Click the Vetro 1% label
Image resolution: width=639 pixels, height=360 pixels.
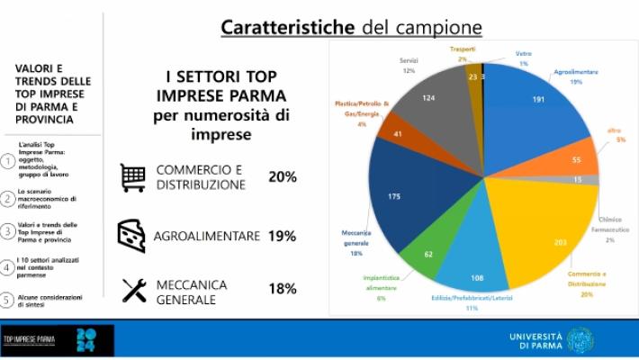(523, 58)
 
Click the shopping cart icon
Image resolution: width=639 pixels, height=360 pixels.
(132, 177)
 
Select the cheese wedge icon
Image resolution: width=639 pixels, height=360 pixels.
(132, 235)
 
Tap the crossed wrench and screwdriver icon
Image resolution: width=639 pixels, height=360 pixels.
(133, 290)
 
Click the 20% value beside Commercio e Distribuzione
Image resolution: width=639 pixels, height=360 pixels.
(281, 176)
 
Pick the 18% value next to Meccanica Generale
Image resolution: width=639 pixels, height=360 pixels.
(281, 290)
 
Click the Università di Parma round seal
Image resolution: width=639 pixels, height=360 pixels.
(580, 339)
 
